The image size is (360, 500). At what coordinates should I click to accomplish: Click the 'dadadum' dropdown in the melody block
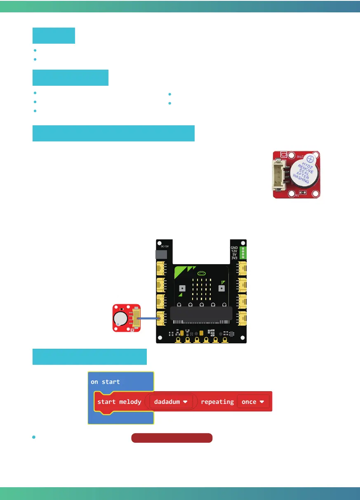click(171, 401)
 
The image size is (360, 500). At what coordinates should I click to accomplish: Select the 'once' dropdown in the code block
click(253, 401)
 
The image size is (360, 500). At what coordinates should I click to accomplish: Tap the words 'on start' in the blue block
click(105, 382)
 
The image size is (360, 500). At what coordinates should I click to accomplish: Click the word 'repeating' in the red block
click(217, 401)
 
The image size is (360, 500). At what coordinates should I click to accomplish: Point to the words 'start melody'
click(119, 401)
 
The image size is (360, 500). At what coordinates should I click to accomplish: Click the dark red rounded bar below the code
click(172, 438)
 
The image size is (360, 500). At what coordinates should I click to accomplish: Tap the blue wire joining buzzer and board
click(149, 318)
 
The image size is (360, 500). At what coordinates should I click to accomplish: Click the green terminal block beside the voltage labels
click(242, 252)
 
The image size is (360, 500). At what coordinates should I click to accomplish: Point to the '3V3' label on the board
click(235, 258)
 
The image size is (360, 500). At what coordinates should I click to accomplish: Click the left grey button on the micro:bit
click(182, 288)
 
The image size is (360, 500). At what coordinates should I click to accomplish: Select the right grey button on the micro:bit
click(222, 288)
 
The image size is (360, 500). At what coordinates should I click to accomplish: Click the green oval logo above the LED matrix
click(202, 273)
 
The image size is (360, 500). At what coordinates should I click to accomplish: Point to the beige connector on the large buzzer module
click(279, 175)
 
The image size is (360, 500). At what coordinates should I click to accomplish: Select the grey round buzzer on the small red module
click(121, 319)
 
